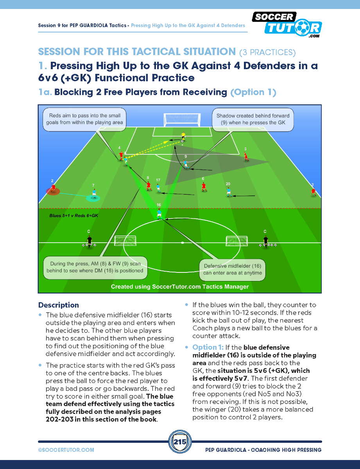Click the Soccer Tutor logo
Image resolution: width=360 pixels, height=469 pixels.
287,24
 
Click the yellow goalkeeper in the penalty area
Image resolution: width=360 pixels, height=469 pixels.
183,137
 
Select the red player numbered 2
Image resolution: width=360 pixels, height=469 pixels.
53,188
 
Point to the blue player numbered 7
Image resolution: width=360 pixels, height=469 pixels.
94,194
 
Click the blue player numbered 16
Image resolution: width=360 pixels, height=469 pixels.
159,214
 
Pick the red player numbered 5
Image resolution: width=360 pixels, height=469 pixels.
245,156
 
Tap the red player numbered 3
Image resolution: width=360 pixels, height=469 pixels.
313,192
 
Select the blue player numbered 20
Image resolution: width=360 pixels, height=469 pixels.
229,192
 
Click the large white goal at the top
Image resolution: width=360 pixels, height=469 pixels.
183,120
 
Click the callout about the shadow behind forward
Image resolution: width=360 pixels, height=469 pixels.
253,119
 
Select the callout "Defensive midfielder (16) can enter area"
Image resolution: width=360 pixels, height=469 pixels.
233,269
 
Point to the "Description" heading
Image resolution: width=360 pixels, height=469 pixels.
59,305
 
